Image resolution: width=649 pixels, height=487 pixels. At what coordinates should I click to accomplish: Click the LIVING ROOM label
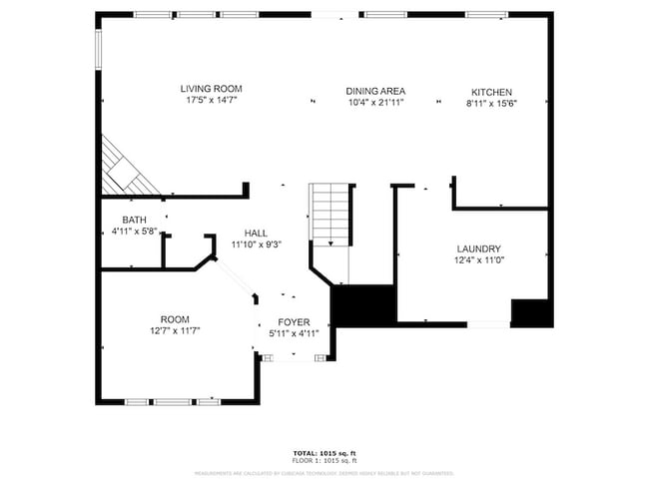tap(210, 88)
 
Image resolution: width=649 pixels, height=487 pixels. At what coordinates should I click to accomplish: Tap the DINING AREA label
tap(375, 90)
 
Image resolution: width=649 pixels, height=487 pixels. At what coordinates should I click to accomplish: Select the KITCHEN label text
tap(491, 92)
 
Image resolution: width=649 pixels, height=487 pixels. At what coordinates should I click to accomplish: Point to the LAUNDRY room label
tap(478, 248)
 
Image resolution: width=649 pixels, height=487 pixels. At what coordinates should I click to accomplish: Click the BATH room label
tap(134, 220)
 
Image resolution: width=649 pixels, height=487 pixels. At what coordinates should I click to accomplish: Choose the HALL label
tap(256, 233)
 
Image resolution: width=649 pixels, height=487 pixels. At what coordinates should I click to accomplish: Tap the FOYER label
tap(294, 322)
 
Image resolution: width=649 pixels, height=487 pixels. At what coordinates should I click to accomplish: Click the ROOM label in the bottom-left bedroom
tap(175, 318)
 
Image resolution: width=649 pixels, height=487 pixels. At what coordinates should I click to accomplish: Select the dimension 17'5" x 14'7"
tap(210, 101)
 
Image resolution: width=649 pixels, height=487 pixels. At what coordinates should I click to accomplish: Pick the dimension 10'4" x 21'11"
tap(375, 103)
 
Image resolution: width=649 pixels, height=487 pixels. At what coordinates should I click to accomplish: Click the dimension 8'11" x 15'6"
tap(491, 104)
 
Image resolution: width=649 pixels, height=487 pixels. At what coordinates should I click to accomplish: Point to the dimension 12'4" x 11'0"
tap(478, 260)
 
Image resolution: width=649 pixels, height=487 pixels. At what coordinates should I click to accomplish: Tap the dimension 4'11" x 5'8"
tap(134, 232)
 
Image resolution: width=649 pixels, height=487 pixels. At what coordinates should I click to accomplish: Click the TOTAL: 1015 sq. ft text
tap(324, 454)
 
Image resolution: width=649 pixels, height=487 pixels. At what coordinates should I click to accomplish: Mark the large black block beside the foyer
tap(361, 304)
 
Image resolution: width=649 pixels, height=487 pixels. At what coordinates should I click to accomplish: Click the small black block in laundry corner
tap(530, 311)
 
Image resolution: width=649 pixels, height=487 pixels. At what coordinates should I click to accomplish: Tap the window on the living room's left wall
tap(98, 50)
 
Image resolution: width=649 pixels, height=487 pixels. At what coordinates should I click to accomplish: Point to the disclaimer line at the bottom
tap(324, 473)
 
